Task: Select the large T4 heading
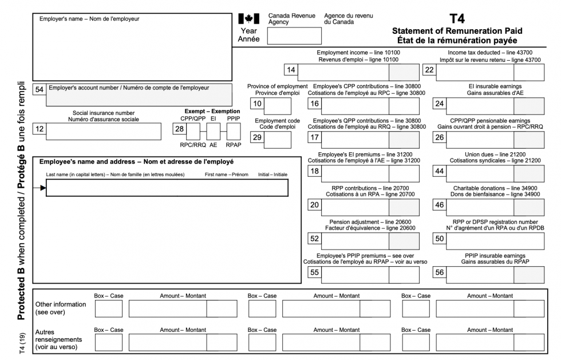tap(457, 18)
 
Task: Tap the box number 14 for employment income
tap(291, 70)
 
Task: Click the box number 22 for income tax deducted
tap(429, 70)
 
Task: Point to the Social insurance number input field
tap(103, 131)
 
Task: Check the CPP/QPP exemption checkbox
tap(193, 132)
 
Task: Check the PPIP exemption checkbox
tap(234, 132)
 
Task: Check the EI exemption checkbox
tap(214, 132)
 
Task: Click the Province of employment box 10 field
tap(277, 106)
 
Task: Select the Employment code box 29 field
tap(277, 139)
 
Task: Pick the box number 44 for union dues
tap(439, 173)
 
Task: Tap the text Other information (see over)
tap(60, 308)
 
